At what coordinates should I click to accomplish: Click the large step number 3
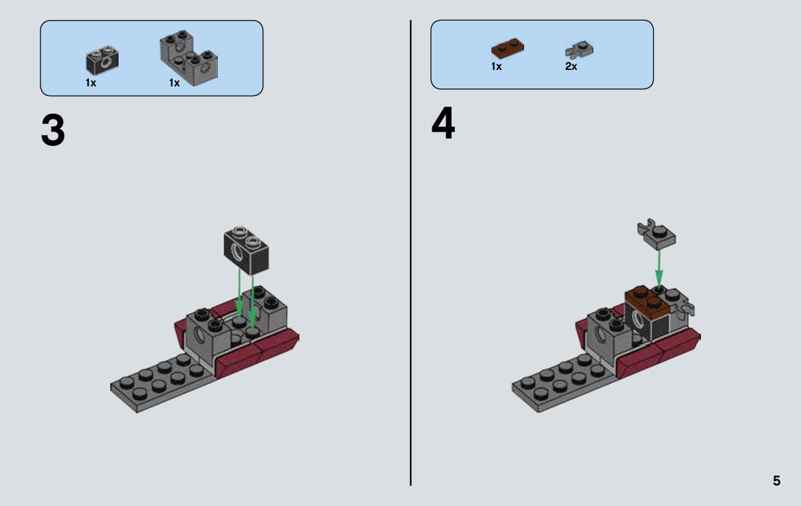point(53,130)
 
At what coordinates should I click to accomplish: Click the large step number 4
point(443,123)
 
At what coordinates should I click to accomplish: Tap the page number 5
point(776,481)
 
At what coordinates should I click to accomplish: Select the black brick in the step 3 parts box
point(102,60)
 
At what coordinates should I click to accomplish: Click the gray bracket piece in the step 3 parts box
point(188,57)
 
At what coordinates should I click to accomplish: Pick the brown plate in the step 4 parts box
point(507,47)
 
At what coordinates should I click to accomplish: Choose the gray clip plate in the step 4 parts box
point(579,50)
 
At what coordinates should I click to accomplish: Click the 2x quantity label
point(571,67)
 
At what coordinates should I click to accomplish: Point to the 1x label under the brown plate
point(497,67)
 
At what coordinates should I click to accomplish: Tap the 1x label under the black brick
point(91,83)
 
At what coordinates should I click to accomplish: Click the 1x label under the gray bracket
point(175,83)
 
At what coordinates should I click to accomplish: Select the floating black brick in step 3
point(246,250)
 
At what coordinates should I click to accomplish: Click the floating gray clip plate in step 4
point(656,234)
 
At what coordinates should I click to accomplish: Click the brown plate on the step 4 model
point(647,300)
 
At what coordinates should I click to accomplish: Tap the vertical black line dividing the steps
point(410,253)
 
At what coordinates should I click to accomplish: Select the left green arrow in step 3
point(239,292)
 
